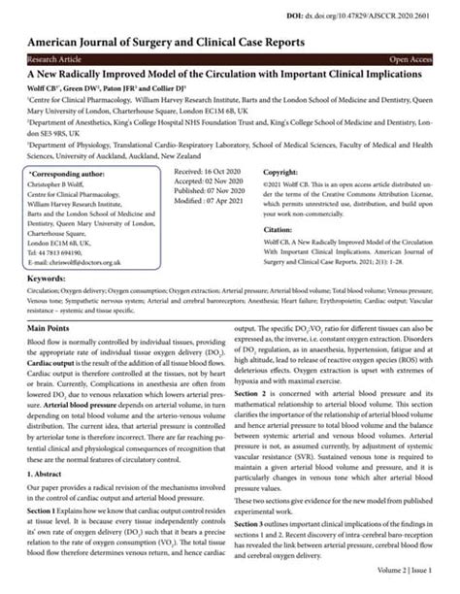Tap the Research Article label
[x=54, y=59]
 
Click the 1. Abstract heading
[x=46, y=464]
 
